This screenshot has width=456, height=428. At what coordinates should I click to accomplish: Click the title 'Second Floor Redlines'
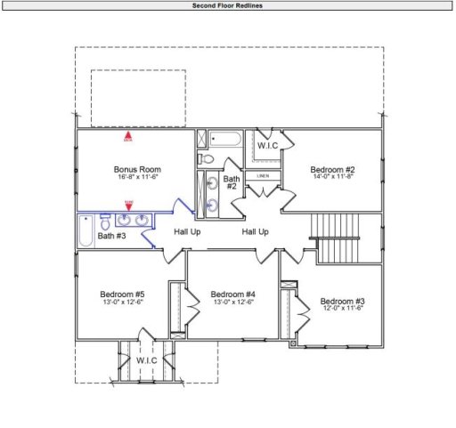point(227,5)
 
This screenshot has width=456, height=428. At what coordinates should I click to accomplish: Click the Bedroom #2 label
point(332,169)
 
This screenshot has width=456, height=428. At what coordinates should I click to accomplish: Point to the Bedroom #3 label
point(343,300)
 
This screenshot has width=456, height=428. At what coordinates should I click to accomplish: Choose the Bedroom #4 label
point(233,294)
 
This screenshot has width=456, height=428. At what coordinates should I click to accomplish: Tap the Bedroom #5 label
point(122,294)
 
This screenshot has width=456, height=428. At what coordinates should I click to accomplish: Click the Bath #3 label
point(111,236)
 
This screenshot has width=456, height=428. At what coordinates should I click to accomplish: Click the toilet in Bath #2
point(206,158)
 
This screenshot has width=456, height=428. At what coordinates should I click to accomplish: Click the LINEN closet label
point(263,176)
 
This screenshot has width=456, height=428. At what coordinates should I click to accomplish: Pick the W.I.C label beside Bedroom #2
point(267,144)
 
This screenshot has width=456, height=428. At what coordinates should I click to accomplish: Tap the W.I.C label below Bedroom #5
point(146,360)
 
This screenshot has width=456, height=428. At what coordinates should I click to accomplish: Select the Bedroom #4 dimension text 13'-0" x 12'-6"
point(233,303)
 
